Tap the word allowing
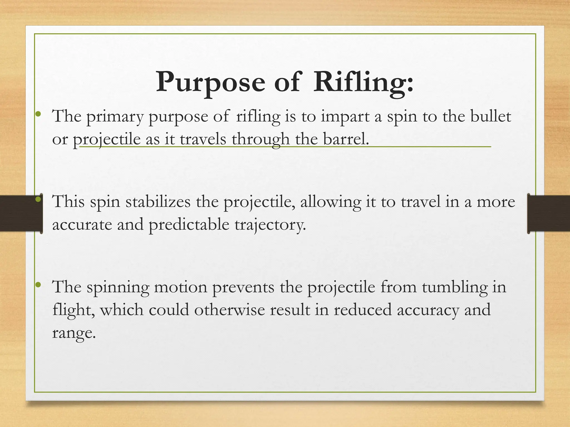(330, 202)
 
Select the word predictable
(189, 225)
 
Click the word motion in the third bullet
(181, 287)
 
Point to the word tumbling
(455, 287)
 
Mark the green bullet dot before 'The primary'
(38, 114)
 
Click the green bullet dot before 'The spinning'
(38, 284)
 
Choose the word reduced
(362, 310)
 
